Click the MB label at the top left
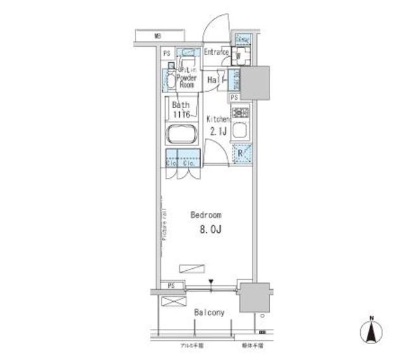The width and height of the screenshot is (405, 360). point(157,36)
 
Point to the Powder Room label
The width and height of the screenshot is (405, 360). point(186,80)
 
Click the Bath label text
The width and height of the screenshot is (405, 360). point(180,107)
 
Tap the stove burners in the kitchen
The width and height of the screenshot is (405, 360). point(240,114)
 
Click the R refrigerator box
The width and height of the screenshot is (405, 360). point(241,152)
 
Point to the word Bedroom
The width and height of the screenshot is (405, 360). point(207,215)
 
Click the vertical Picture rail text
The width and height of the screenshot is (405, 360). point(163,224)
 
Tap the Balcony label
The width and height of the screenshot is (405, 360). point(209,313)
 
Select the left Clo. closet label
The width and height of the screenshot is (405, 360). point(171,164)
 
